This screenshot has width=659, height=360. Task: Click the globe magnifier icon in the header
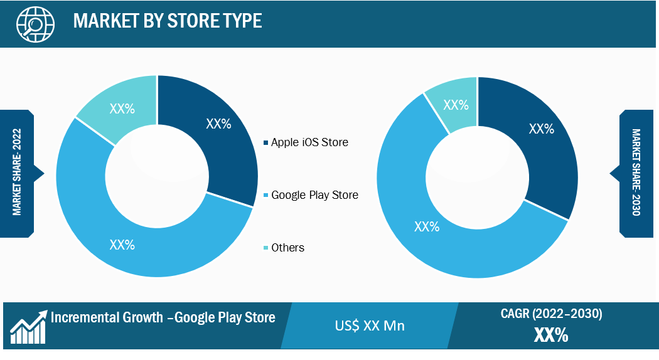(35, 24)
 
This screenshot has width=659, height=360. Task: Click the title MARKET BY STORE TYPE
(168, 21)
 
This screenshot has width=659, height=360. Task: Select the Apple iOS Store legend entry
(306, 142)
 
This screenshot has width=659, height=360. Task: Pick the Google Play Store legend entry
(311, 195)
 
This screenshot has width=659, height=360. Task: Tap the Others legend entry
(284, 247)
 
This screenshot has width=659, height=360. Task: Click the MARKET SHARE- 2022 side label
(17, 172)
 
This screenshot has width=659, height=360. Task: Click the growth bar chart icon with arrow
(29, 327)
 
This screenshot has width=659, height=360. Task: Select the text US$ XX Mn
(370, 326)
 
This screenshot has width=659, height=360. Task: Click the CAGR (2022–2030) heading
(552, 314)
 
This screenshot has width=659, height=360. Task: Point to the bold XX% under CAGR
(551, 335)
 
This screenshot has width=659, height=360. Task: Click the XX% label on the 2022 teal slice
(122, 109)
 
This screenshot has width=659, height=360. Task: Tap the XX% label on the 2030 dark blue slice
(541, 129)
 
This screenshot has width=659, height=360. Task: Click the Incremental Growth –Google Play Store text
(163, 317)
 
